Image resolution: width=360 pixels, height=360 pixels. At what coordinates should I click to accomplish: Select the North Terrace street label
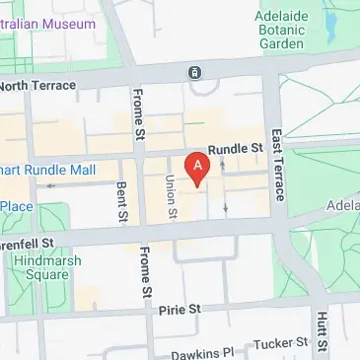[x=37, y=86]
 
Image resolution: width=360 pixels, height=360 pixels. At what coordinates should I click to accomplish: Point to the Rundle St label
[x=236, y=149]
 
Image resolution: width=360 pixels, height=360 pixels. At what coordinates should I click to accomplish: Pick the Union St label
[x=171, y=196]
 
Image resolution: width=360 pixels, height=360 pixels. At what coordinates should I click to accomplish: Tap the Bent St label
[x=121, y=203]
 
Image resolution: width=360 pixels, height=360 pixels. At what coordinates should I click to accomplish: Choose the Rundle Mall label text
[x=48, y=170]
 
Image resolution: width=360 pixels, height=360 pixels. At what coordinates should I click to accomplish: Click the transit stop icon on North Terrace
[x=195, y=72]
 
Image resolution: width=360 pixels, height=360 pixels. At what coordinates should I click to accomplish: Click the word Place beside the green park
[x=16, y=205]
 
